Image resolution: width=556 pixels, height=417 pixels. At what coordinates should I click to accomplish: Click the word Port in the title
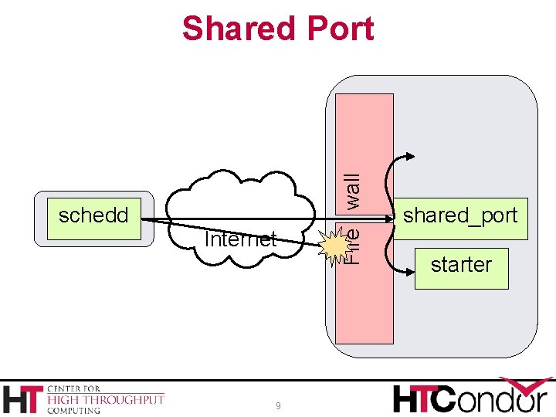pos(339,29)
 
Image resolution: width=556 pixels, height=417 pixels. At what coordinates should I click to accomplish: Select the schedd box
pos(93,215)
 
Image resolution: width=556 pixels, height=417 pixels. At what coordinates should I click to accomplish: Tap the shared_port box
pos(460,215)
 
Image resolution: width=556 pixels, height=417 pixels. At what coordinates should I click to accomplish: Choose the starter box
pos(461,266)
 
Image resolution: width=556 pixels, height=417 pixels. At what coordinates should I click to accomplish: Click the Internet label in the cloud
pos(240,239)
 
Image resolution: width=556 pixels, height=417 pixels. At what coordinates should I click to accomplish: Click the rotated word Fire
pos(351,245)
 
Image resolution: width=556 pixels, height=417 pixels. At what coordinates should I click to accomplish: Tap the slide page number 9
pos(278,406)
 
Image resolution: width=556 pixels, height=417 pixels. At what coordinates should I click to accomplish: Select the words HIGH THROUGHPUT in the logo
pos(106,399)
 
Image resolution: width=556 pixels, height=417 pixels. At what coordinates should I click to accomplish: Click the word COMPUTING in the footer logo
pos(74,411)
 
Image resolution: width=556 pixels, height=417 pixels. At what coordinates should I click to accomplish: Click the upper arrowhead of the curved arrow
pos(409,158)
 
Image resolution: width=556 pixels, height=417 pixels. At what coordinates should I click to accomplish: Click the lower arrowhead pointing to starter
pos(409,272)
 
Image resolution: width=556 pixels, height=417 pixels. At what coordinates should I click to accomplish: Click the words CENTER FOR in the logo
pos(73,388)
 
